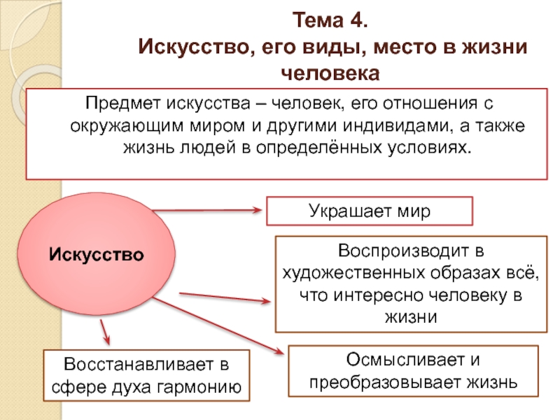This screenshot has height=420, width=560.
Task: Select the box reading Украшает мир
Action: (x=370, y=210)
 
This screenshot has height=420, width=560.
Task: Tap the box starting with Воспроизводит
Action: (x=411, y=283)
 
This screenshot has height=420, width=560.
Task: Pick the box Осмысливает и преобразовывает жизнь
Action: (x=414, y=372)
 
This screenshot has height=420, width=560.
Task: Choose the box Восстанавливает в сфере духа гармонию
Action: (x=146, y=375)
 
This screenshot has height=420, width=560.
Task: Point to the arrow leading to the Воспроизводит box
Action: (x=224, y=297)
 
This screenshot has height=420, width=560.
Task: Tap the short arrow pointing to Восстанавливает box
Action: (x=104, y=331)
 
